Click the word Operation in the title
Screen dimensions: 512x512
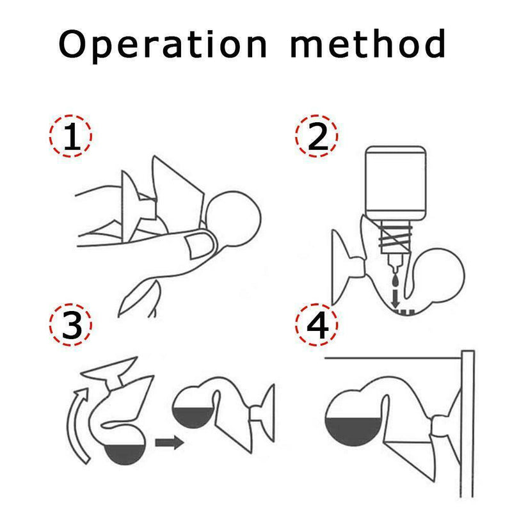(x=163, y=45)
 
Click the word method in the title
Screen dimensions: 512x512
(x=368, y=44)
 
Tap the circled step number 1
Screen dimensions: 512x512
(x=70, y=136)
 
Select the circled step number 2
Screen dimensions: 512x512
(x=316, y=136)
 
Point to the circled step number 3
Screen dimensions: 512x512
(x=70, y=325)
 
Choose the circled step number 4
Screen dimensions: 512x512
(x=316, y=325)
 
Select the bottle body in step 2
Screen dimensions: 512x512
(x=396, y=183)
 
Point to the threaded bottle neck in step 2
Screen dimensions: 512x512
(x=395, y=237)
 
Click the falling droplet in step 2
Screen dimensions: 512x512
(x=396, y=280)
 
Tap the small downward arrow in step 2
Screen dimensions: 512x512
(x=396, y=298)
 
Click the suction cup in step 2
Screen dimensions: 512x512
(x=346, y=268)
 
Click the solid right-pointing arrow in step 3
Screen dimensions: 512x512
(x=170, y=442)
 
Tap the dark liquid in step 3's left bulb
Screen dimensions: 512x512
(x=124, y=454)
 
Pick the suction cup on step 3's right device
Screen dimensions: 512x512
(x=263, y=413)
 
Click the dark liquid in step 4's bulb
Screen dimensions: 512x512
(x=354, y=431)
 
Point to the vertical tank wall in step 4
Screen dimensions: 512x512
(x=467, y=424)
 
